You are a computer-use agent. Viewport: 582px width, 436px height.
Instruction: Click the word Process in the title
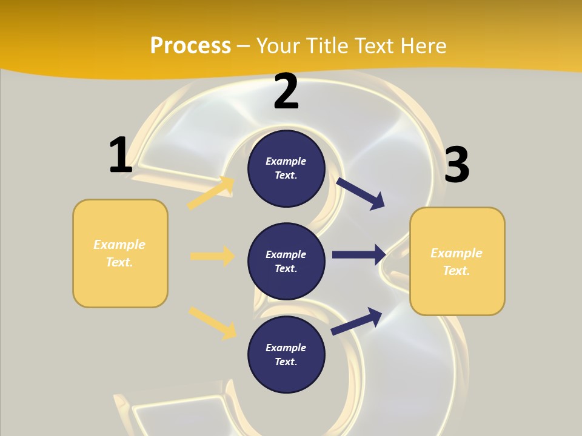point(190,45)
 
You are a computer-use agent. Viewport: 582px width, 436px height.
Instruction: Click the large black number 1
point(120,155)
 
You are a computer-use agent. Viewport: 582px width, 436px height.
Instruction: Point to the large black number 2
point(286,92)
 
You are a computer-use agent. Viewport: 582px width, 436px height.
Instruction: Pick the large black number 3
point(457,165)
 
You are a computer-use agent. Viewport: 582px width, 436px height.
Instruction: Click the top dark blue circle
point(286,168)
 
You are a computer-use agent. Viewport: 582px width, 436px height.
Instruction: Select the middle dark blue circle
point(286,261)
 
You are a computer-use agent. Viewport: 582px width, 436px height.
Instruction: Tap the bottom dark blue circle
point(286,354)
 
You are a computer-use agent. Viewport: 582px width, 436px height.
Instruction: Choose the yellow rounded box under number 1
point(120,253)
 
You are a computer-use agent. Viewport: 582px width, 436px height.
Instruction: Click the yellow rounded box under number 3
point(457,262)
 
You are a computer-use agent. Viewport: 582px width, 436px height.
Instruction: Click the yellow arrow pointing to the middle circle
point(212,256)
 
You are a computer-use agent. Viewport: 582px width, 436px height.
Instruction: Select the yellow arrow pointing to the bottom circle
point(212,323)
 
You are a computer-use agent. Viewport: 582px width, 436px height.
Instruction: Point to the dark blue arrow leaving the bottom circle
point(356,321)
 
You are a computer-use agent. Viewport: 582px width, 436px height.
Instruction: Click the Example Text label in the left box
point(120,253)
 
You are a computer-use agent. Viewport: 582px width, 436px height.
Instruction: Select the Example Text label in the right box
point(457,262)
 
